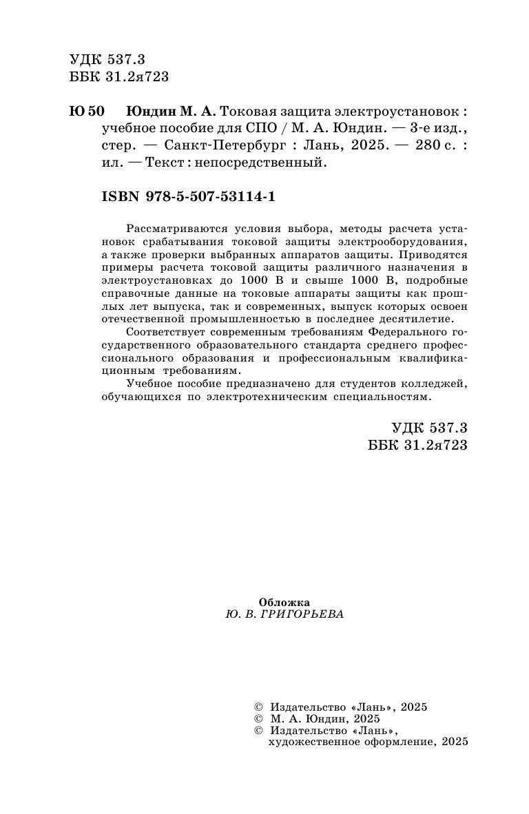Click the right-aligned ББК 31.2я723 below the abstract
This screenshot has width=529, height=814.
(418, 445)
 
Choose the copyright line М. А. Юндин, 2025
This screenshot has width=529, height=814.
(323, 718)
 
